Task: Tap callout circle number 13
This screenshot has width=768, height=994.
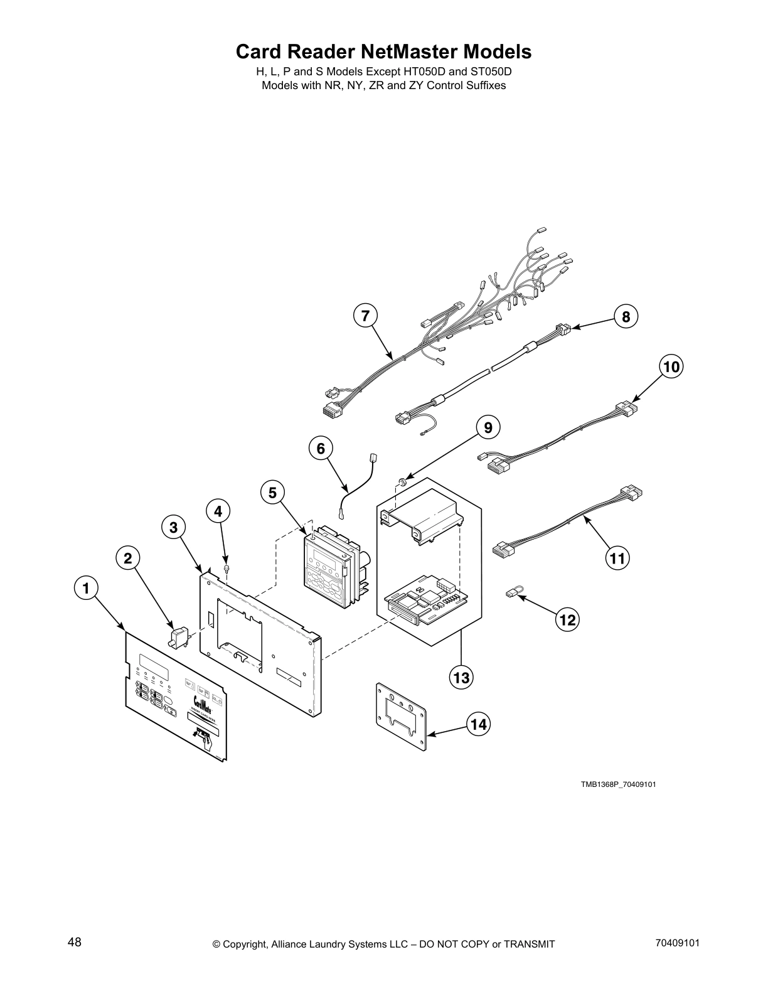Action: [461, 678]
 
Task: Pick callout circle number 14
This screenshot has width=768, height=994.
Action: [478, 725]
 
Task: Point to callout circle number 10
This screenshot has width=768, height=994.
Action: [671, 366]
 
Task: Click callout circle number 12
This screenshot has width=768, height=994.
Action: [567, 620]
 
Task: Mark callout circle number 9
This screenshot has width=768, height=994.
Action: [488, 428]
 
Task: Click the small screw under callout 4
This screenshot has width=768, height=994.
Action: [227, 568]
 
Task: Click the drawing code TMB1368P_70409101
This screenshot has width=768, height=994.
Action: [618, 784]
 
